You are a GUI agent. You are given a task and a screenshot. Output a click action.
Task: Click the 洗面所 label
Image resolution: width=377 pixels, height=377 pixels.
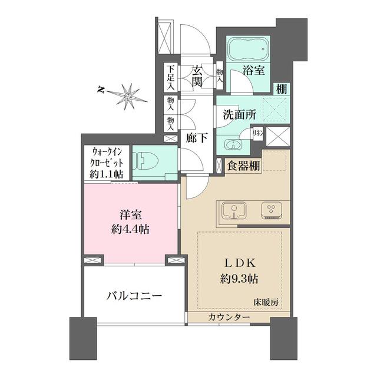pyautogui.click(x=239, y=115)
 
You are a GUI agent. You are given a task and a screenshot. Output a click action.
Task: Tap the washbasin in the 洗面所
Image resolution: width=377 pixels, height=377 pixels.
pyautogui.click(x=231, y=144)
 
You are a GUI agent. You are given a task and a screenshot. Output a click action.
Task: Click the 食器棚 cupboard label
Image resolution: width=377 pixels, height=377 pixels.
pyautogui.click(x=244, y=166)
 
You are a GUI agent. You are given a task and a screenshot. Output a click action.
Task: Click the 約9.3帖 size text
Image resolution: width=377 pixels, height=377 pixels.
pyautogui.click(x=238, y=277)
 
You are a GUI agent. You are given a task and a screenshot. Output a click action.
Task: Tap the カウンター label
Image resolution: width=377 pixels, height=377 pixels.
pyautogui.click(x=229, y=318)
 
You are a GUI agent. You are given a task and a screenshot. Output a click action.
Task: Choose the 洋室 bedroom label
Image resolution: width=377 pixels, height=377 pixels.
pyautogui.click(x=130, y=213)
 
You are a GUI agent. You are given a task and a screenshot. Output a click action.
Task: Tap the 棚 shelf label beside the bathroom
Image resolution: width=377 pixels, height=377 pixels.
pyautogui.click(x=282, y=89)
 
